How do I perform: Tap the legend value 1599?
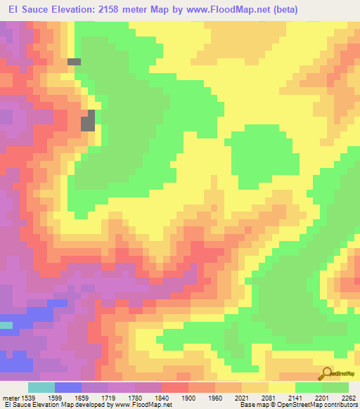[55, 398]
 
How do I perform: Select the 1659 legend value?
[82, 398]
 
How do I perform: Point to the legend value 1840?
[162, 398]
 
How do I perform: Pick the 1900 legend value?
[188, 398]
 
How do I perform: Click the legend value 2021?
[242, 398]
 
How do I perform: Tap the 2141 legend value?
[295, 398]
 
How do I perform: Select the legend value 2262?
[349, 398]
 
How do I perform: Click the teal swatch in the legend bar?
[41, 387]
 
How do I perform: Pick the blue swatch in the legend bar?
[68, 387]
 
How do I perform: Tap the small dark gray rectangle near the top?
[74, 62]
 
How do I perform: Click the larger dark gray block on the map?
[88, 122]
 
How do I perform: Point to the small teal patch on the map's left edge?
[6, 325]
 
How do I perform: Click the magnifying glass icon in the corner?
[327, 372]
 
